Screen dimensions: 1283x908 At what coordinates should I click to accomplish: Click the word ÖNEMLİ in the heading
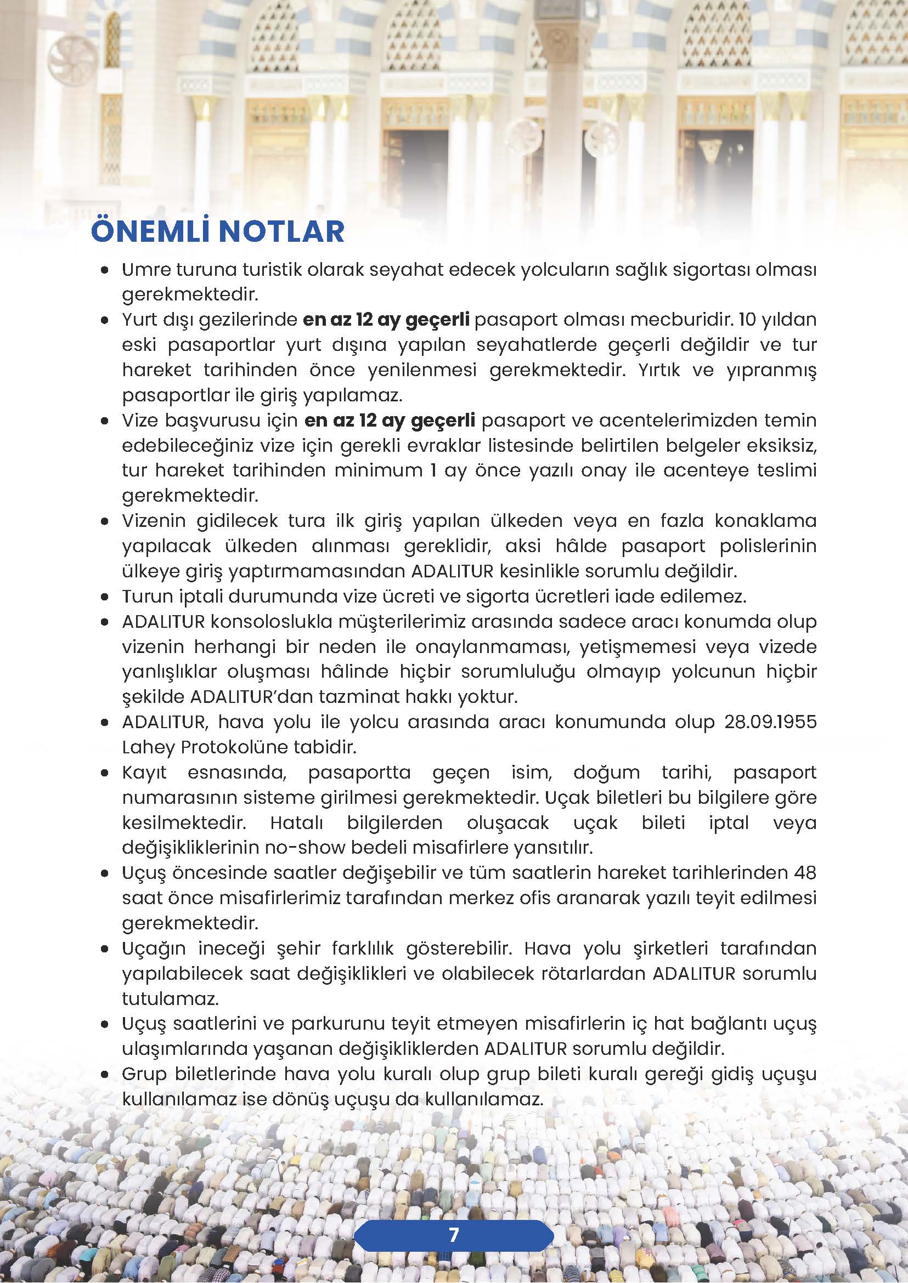coord(150,232)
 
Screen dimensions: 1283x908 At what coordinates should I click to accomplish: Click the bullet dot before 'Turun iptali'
coord(105,597)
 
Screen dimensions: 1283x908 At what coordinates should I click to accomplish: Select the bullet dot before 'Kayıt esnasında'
coord(105,773)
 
